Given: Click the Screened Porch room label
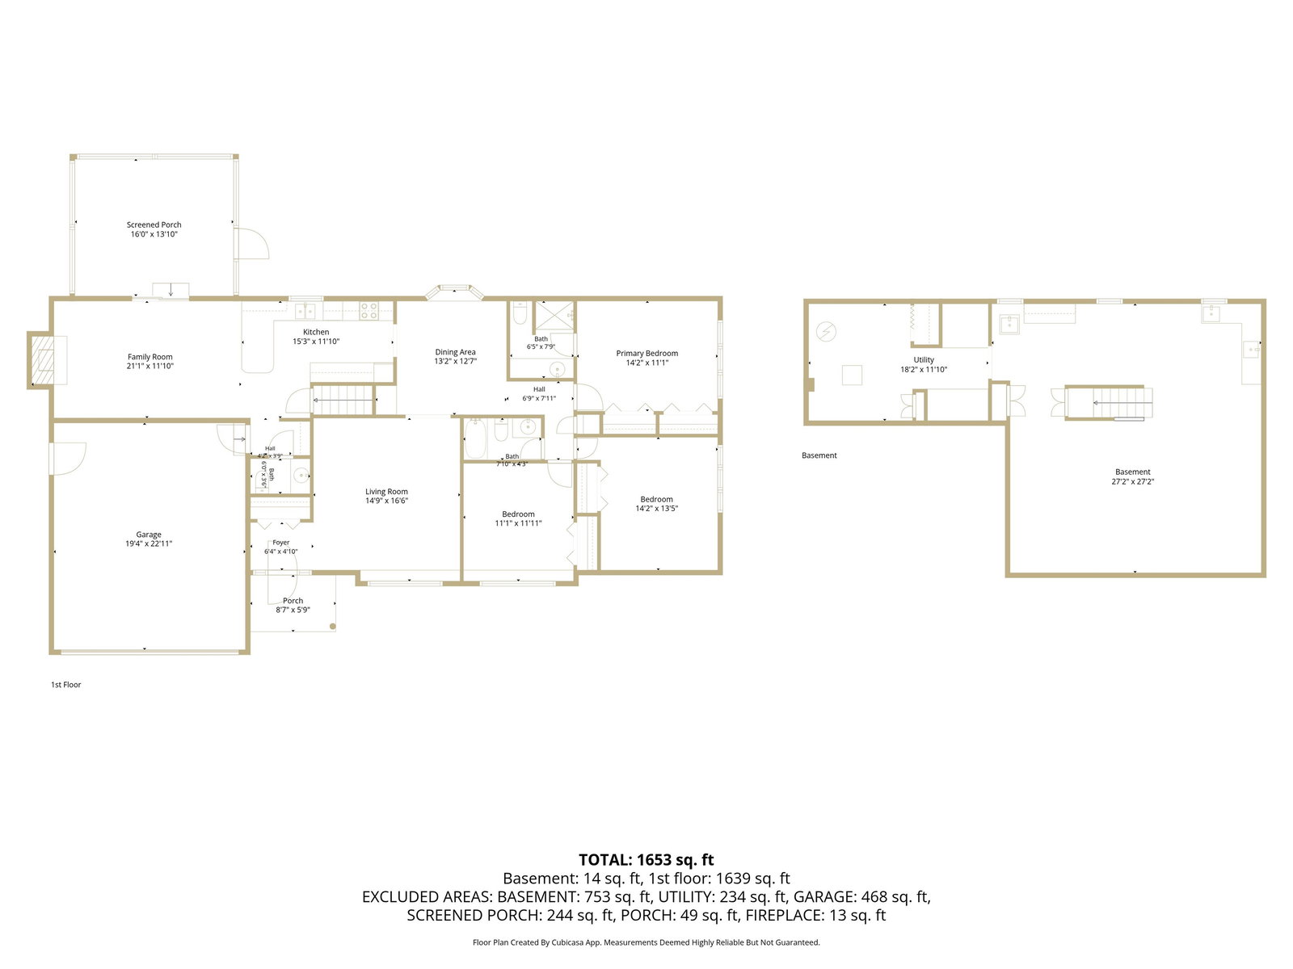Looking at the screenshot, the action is click(154, 224).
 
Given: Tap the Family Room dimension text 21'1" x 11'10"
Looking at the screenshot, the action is click(150, 366).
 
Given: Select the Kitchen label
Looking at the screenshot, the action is click(316, 332).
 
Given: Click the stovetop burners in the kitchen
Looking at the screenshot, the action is click(369, 311).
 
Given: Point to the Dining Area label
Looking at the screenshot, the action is click(455, 352).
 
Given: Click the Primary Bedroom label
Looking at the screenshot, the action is click(646, 353).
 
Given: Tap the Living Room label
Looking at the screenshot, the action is click(386, 491).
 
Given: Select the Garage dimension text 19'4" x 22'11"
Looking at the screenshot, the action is click(149, 543).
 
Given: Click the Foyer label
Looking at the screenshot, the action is click(281, 543).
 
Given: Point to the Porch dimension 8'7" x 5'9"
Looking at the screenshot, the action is click(293, 610).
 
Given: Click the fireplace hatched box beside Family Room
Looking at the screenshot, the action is click(42, 361).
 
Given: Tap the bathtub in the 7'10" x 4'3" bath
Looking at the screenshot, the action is click(474, 439).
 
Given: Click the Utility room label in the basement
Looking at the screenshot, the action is click(924, 359).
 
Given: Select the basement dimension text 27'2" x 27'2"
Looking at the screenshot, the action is click(1132, 481).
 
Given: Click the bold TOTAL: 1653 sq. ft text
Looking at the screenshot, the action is click(646, 859).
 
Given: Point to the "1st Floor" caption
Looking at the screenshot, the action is click(66, 684).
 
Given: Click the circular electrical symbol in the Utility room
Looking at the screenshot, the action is click(826, 332).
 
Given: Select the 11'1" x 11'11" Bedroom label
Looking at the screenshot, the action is click(518, 514).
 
